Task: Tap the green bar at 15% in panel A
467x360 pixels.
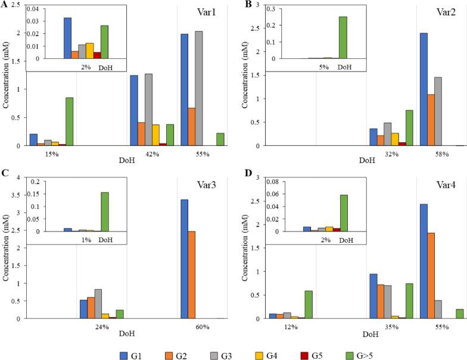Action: pyautogui.click(x=70, y=121)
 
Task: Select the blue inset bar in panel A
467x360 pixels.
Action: pyautogui.click(x=67, y=38)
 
